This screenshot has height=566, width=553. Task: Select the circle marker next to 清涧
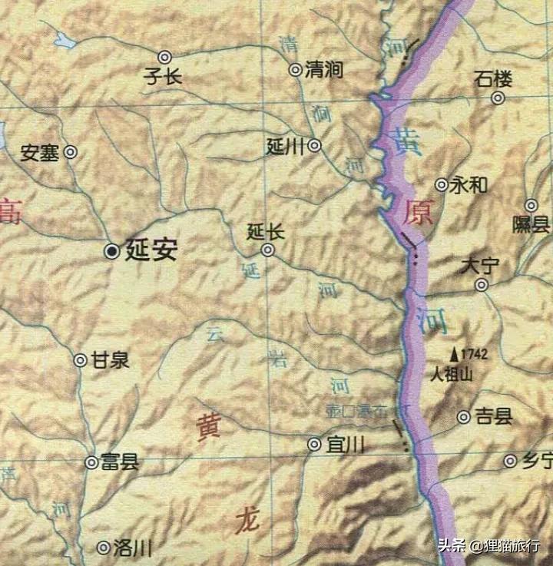pos(295,70)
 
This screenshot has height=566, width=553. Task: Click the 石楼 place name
pos(492,78)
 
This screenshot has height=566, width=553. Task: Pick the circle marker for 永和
pos(442,184)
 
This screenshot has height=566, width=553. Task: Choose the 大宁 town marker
pos(482,285)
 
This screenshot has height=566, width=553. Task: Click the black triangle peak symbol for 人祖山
pos(455,354)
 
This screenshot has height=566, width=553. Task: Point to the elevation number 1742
pos(475,354)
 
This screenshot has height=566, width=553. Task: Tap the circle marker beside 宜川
pos(314,444)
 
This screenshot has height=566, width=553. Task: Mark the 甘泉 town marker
pos(80,359)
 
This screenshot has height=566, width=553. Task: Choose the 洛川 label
pos(132,548)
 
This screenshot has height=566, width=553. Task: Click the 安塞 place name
pos(40,153)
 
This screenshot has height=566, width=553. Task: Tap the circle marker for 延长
pos(267,250)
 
